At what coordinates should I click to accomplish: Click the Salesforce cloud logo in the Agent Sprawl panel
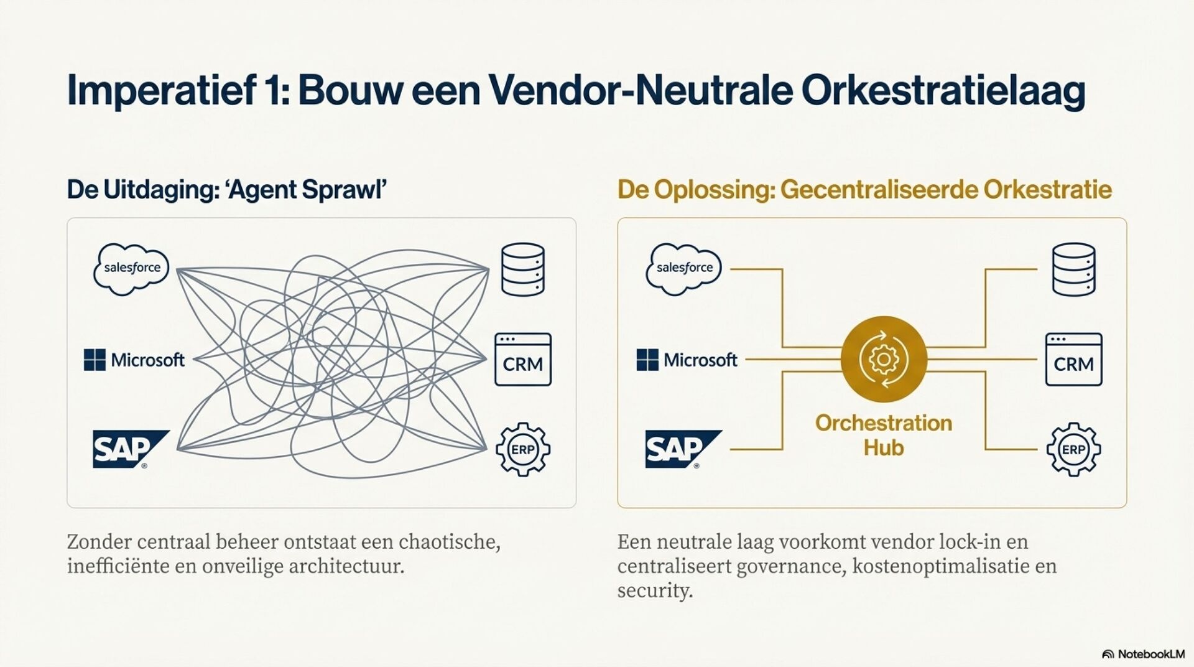[x=131, y=268]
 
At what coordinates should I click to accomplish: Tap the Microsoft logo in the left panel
[x=134, y=360]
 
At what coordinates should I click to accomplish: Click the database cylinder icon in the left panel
[x=522, y=269]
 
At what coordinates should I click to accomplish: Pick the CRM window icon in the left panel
[x=522, y=360]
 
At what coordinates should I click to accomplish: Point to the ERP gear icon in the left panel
[x=522, y=449]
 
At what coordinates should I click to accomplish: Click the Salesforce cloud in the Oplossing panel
[x=683, y=268]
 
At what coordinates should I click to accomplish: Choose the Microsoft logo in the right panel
[x=687, y=360]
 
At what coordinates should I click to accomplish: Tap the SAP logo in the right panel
[x=682, y=449]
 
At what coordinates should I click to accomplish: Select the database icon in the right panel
[x=1073, y=269]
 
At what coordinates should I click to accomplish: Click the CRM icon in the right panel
[x=1073, y=360]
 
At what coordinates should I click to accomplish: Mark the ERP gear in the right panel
[x=1073, y=449]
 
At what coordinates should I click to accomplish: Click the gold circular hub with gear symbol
[x=884, y=359]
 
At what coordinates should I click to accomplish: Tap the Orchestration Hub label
[x=884, y=435]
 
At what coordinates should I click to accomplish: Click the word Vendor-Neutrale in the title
[x=641, y=90]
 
